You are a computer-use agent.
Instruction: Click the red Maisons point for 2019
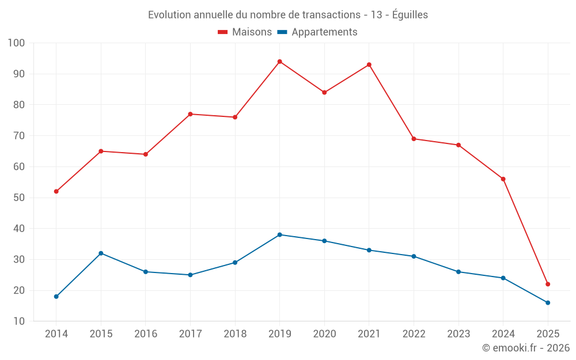tap(279, 62)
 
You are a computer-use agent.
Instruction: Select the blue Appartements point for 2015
tap(101, 253)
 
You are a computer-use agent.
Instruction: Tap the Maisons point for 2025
tap(548, 284)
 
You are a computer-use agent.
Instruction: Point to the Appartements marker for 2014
tap(56, 297)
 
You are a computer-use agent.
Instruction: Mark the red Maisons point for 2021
tap(369, 65)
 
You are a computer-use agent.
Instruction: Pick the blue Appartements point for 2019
tap(279, 234)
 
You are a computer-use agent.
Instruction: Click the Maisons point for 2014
tap(56, 191)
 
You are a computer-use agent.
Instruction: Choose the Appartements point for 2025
tap(548, 302)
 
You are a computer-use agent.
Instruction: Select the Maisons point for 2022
tap(414, 139)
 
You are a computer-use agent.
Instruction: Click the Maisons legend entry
tap(245, 32)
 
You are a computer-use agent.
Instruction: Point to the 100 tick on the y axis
tap(17, 43)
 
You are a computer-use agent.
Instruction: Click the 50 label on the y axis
tap(20, 198)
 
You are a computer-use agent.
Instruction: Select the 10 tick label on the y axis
tap(20, 321)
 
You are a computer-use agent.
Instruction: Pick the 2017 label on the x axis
tap(190, 334)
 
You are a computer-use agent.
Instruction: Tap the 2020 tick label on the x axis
tap(324, 334)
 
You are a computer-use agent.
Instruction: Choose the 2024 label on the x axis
tap(503, 334)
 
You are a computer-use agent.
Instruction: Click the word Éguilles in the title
tap(410, 15)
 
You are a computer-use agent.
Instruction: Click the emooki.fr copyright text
tap(526, 348)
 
